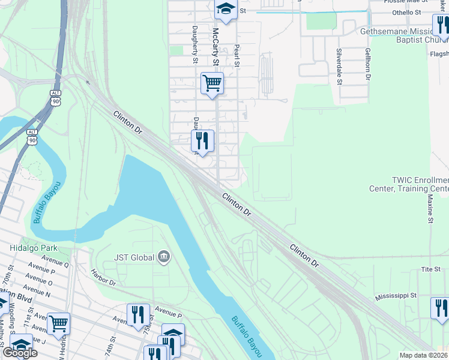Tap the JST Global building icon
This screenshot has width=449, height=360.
(163, 258)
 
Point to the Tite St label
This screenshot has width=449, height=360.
(431, 269)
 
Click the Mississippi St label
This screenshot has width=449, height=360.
(396, 296)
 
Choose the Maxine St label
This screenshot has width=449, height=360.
(430, 208)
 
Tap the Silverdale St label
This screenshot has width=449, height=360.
(339, 66)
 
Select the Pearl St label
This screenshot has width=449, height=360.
(237, 55)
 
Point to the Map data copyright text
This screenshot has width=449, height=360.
(423, 355)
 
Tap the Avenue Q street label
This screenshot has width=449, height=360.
(55, 263)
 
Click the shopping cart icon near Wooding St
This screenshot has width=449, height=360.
(59, 323)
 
